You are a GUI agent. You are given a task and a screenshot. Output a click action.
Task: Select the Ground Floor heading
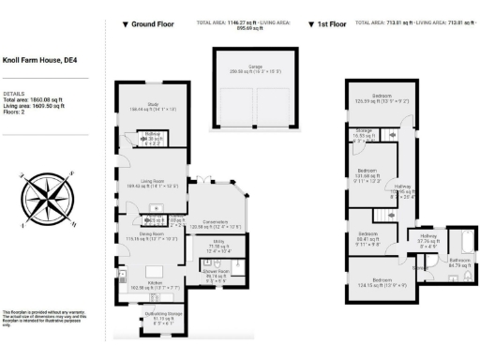tap(155, 23)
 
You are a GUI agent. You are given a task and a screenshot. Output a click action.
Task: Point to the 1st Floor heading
tap(329, 23)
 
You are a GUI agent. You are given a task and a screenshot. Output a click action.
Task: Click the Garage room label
tap(239, 67)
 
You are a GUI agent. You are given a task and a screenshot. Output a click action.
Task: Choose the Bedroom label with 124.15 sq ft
tap(381, 280)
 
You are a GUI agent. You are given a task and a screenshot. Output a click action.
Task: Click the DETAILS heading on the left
tap(13, 94)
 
